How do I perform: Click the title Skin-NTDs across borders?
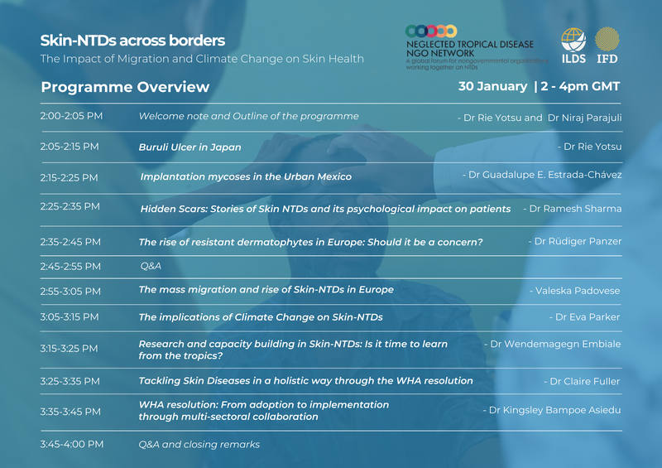tap(132, 41)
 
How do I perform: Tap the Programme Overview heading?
tap(125, 87)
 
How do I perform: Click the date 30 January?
tap(492, 86)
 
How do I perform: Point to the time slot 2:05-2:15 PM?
tap(70, 147)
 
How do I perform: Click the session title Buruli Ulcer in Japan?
tap(190, 147)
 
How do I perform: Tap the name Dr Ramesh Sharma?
tap(574, 209)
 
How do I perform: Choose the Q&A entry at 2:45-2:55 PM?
tap(151, 267)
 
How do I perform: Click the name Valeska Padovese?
tap(577, 291)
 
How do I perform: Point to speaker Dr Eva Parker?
tap(587, 317)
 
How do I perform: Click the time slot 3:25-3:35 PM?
tap(70, 381)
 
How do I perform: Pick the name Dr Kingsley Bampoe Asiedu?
tap(554, 410)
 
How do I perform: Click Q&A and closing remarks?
tap(199, 445)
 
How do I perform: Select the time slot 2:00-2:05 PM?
tap(71, 116)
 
